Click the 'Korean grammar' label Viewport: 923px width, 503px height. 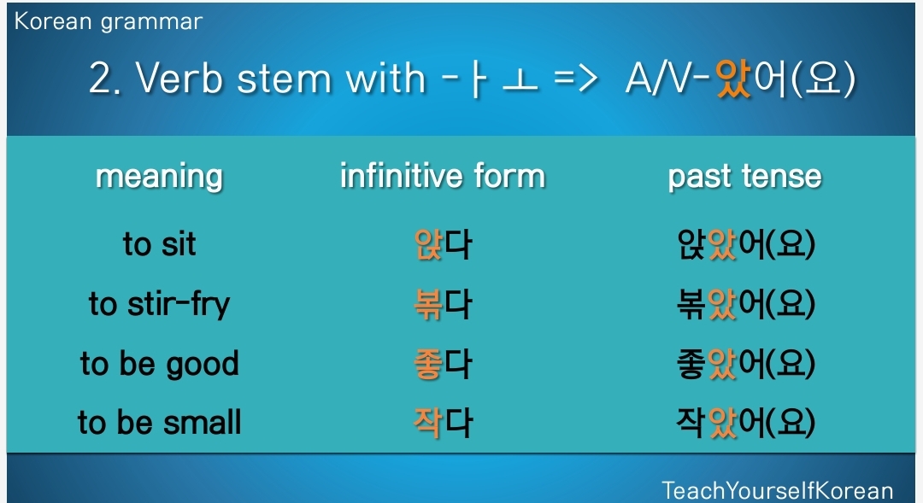109,22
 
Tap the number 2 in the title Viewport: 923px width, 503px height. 101,79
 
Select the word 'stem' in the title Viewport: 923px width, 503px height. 285,79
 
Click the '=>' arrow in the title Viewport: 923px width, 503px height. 576,79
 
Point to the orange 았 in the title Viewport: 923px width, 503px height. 733,79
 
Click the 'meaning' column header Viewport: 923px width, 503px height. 159,177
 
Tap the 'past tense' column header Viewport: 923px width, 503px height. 744,176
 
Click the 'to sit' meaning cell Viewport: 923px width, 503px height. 159,243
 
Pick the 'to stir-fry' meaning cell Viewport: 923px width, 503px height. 159,304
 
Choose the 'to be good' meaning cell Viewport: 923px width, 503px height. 160,364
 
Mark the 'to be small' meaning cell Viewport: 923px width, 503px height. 160,423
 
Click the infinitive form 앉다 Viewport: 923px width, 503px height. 443,244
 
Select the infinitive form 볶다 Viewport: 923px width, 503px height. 443,304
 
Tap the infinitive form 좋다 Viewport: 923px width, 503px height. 443,364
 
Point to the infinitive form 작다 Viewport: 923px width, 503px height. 443,423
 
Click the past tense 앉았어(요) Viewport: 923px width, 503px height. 746,244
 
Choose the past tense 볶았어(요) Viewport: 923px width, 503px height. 746,304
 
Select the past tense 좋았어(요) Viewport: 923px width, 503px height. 746,364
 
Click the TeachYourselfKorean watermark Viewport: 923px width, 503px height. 778,491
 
